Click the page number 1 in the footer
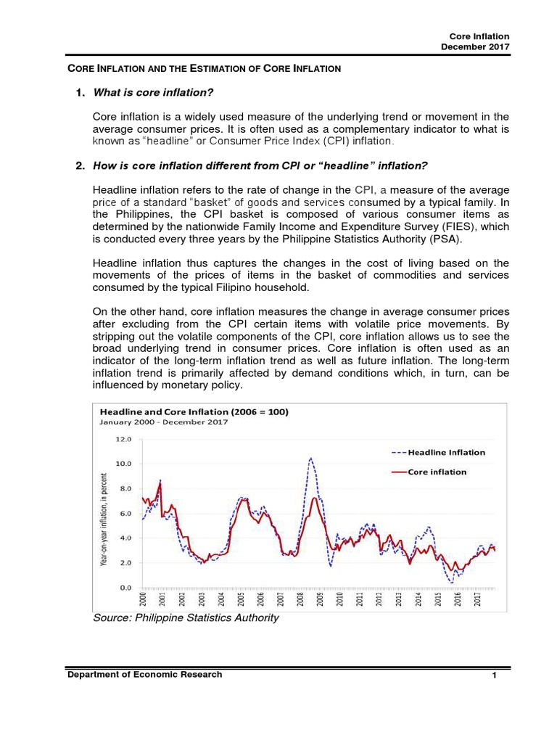[x=492, y=677]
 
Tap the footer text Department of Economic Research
[x=145, y=675]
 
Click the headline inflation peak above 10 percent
[x=311, y=459]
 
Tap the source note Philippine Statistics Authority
[x=186, y=618]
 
